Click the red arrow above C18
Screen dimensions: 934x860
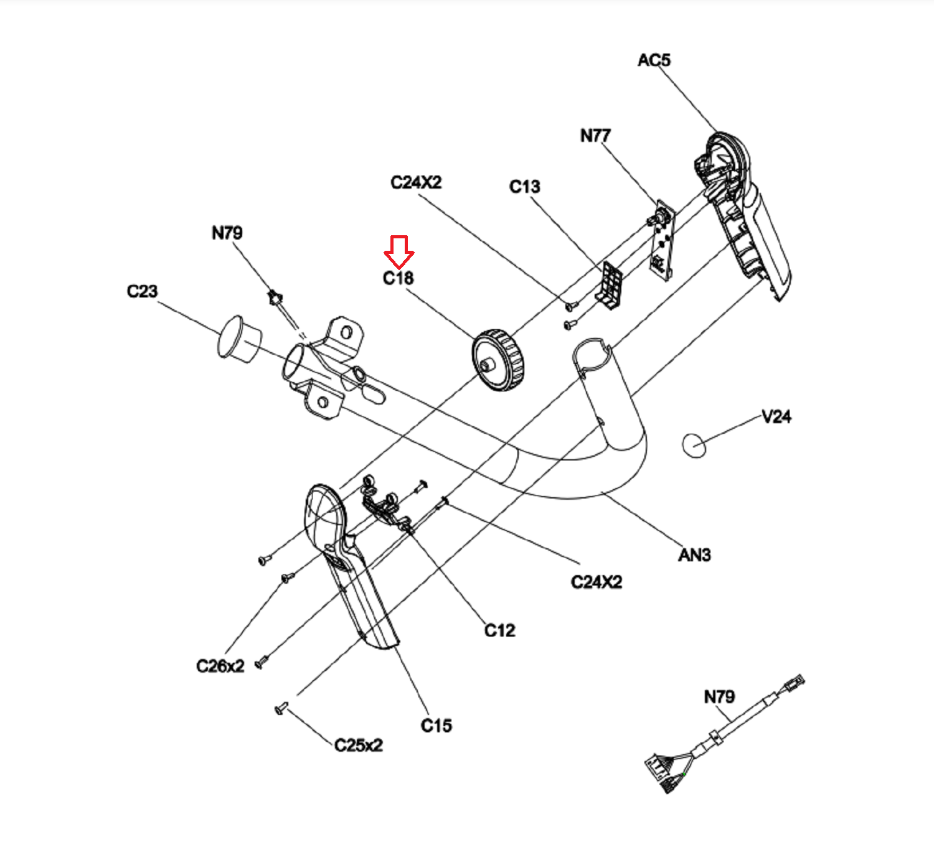click(399, 252)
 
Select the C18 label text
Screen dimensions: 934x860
click(398, 278)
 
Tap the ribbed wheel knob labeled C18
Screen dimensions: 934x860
click(498, 360)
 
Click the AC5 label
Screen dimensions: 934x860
click(654, 60)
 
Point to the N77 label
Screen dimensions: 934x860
click(595, 136)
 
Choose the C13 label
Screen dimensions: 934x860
click(525, 187)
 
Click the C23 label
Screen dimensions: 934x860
click(142, 291)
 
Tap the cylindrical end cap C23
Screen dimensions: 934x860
click(239, 339)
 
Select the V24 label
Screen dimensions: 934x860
click(776, 416)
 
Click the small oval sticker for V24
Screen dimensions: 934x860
click(694, 446)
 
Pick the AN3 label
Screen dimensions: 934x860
click(694, 554)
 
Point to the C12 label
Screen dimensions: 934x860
click(499, 630)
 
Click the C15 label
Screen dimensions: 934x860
click(436, 726)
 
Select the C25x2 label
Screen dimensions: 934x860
click(359, 745)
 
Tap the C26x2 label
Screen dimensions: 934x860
click(220, 666)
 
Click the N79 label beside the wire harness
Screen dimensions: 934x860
click(719, 697)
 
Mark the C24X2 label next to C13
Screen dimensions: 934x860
click(416, 182)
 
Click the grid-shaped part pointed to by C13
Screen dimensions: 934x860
click(609, 284)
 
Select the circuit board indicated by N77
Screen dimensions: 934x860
click(662, 240)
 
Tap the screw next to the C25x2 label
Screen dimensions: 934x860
click(281, 708)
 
